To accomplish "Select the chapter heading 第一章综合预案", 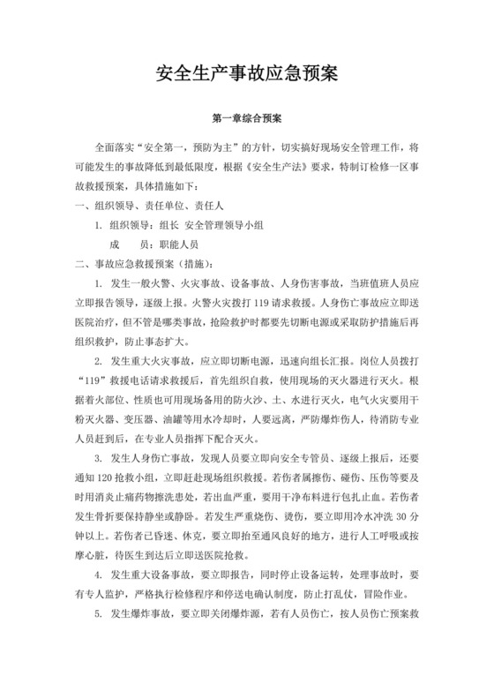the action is pyautogui.click(x=246, y=116).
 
